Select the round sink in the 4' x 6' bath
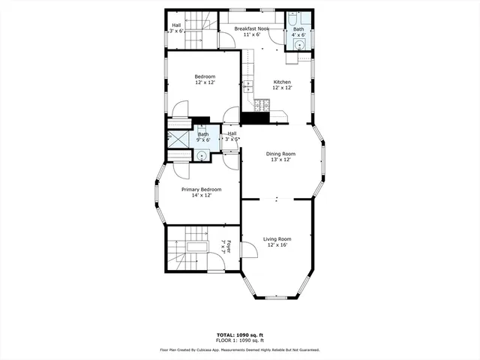[300, 44]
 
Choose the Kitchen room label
[282, 82]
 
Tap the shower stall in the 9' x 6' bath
[178, 139]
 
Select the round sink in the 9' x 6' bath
[202, 155]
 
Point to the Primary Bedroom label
[196, 190]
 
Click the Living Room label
[277, 239]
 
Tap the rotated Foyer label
[225, 247]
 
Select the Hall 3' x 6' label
[175, 28]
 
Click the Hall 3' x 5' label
[232, 136]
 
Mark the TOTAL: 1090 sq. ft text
[239, 334]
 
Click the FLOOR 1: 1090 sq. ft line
[239, 340]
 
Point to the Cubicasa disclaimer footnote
[239, 349]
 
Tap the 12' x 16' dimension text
[277, 245]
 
